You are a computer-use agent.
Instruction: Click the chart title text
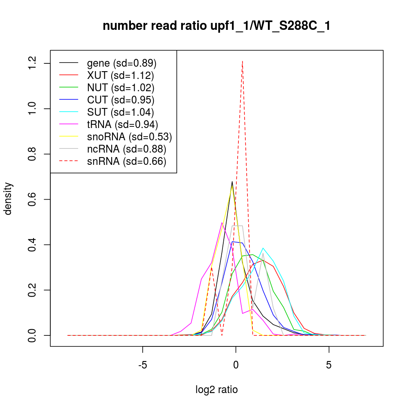(x=216, y=26)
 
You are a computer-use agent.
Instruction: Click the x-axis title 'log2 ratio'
(x=216, y=389)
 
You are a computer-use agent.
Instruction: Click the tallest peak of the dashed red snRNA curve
(x=243, y=61)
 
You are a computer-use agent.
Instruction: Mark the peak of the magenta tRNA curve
(x=222, y=223)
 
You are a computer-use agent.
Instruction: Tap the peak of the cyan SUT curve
(x=263, y=248)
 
